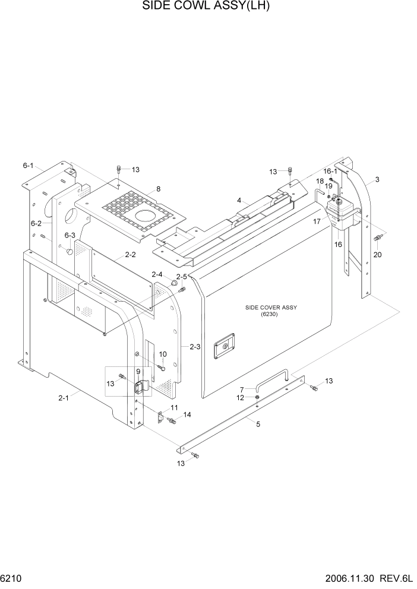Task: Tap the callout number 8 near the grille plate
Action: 159,189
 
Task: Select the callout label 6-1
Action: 29,166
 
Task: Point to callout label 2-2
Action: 130,255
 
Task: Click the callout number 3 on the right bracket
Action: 377,179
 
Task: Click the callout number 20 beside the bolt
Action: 377,255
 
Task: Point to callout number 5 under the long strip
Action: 257,423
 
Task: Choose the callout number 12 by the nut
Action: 241,398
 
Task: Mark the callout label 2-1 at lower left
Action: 64,398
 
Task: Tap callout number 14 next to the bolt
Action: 187,414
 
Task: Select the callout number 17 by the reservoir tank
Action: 317,221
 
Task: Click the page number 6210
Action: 12,578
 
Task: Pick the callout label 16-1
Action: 330,170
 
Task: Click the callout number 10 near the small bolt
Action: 162,354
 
